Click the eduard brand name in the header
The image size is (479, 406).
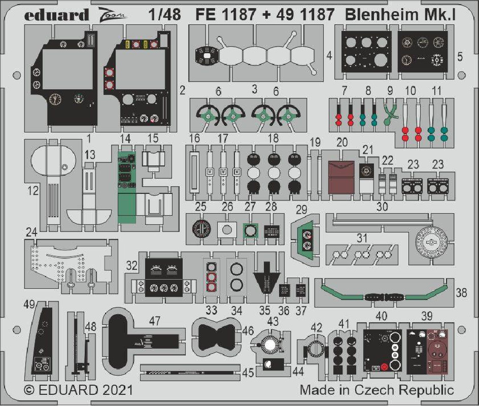[x=56, y=15]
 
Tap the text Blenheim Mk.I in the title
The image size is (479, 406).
[x=400, y=15]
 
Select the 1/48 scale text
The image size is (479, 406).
[x=164, y=15]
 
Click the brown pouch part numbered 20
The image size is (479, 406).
[x=341, y=177]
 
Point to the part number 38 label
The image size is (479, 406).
[x=461, y=293]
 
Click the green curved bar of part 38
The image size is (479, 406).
[x=384, y=294]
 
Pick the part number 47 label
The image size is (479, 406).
[x=155, y=321]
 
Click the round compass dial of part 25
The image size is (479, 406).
[x=201, y=229]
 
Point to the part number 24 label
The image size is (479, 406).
[x=31, y=232]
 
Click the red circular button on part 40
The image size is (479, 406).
[x=385, y=366]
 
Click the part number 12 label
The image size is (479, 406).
[x=33, y=191]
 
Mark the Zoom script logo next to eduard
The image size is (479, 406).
[x=112, y=15]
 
